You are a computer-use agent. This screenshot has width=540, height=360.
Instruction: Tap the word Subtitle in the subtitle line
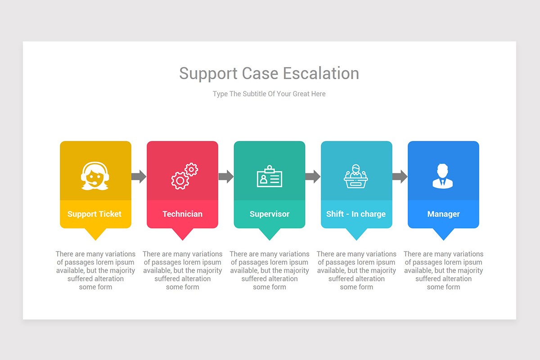[255, 94]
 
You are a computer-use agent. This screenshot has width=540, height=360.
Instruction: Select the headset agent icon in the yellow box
[95, 175]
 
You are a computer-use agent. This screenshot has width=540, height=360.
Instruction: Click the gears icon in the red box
[184, 176]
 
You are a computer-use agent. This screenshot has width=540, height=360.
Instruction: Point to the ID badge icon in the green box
[270, 176]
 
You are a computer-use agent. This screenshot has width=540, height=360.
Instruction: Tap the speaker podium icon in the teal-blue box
[356, 176]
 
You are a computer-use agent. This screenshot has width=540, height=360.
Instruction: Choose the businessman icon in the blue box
[443, 176]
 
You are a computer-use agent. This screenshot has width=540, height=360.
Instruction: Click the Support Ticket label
[94, 214]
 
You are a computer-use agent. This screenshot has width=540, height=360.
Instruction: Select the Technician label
[182, 214]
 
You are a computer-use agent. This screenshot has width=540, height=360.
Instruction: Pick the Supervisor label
[270, 214]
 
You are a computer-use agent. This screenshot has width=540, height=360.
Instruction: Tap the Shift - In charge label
[356, 214]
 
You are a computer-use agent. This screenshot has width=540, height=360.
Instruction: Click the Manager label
[443, 214]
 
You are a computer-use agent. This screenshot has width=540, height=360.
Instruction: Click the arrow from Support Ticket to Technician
[139, 176]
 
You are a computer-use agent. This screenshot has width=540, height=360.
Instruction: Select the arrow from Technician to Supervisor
[226, 176]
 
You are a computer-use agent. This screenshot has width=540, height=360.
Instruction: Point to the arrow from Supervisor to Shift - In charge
[313, 176]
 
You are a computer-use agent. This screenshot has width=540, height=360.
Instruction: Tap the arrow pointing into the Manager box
[400, 176]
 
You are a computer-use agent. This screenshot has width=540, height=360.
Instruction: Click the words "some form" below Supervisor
[270, 287]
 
